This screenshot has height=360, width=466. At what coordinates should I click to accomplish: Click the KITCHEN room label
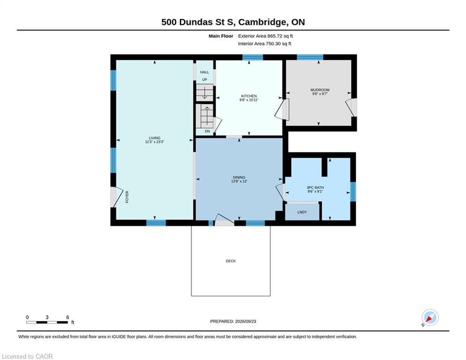click(x=249, y=96)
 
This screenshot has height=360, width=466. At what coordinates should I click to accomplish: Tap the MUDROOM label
click(x=320, y=90)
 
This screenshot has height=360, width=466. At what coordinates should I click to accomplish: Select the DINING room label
click(x=239, y=177)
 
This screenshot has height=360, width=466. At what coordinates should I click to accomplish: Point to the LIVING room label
click(x=155, y=138)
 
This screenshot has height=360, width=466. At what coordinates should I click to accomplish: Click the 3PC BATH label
click(x=315, y=188)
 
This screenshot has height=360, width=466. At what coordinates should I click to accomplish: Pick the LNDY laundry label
click(x=302, y=212)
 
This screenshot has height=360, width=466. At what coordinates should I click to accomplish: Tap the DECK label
click(x=230, y=261)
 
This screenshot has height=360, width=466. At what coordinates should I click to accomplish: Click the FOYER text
click(x=127, y=197)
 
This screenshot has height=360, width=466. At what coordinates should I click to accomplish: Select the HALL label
click(x=205, y=72)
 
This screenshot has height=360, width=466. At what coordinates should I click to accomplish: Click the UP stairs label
click(x=205, y=80)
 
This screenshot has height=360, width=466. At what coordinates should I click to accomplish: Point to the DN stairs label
click(x=207, y=131)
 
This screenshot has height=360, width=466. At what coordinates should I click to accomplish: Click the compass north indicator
click(x=430, y=318)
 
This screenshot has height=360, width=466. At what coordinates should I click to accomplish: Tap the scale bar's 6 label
click(x=67, y=317)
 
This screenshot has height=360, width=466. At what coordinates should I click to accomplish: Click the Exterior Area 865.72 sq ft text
click(x=266, y=36)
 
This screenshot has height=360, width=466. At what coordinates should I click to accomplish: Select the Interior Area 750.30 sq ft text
click(x=265, y=44)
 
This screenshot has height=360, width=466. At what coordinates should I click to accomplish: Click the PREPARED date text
click(x=233, y=321)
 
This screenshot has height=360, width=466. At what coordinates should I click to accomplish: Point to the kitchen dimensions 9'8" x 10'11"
click(x=249, y=100)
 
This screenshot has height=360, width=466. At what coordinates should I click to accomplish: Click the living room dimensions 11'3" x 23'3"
click(x=155, y=142)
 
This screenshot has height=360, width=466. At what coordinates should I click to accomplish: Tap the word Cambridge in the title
click(x=263, y=22)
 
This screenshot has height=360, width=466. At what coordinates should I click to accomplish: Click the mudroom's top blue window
click(x=310, y=57)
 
